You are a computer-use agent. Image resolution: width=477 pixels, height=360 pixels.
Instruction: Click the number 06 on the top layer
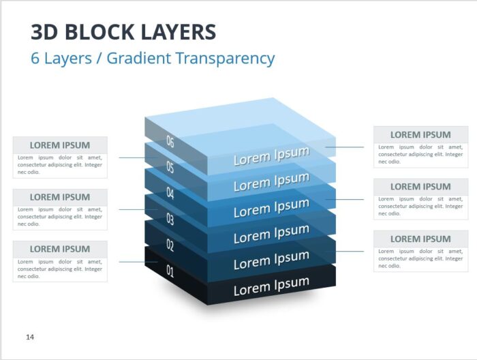coord(170,142)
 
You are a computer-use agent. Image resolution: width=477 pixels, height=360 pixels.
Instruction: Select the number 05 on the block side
coord(170,167)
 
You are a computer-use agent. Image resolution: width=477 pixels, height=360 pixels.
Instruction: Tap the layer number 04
coord(170,193)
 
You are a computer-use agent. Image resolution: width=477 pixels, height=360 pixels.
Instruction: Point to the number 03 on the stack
coord(170,219)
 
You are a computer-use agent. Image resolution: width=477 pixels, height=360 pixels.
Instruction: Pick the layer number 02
coord(170,245)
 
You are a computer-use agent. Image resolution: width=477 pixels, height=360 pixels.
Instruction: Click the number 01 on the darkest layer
coord(170,271)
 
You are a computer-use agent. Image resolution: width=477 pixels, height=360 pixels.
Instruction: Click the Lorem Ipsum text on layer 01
coord(271,286)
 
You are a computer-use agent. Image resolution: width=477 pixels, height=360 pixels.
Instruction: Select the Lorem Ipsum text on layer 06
coord(271,156)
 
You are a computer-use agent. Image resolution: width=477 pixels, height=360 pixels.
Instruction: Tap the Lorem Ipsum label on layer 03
coord(271,234)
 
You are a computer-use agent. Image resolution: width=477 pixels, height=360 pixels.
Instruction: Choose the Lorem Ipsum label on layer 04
coord(271,208)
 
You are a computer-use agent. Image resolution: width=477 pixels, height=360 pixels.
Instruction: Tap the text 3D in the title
coord(44,32)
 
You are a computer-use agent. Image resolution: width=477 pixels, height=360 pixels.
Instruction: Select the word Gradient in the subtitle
coord(139,58)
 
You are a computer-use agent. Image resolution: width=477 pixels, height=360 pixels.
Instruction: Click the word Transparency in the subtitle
coord(225,59)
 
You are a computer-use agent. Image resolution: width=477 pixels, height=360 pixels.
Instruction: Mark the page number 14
coord(30,337)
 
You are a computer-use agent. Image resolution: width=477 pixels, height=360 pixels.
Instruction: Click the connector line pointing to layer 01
coord(138,262)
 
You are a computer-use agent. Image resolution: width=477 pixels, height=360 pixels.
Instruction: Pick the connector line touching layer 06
coord(344,147)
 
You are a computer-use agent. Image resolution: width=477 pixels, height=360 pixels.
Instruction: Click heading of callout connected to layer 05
coord(60,145)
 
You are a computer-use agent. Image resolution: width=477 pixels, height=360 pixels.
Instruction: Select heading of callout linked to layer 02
coord(420,239)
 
